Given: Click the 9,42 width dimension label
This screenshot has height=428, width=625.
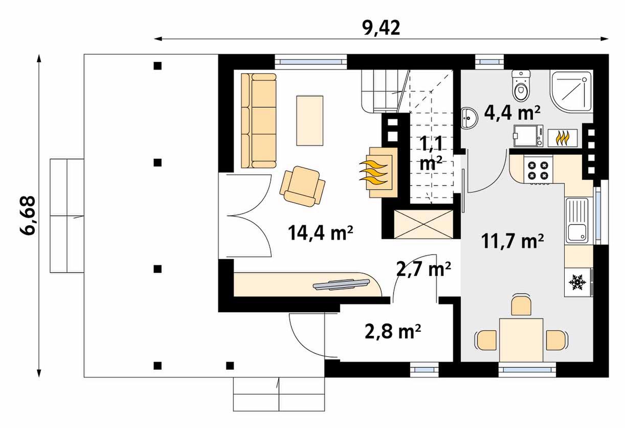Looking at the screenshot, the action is click(381, 28).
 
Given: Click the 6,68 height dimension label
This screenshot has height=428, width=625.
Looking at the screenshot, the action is click(28, 215).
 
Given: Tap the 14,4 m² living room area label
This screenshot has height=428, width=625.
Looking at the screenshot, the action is click(321, 232).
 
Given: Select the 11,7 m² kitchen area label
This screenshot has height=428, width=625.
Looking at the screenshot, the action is click(512, 241).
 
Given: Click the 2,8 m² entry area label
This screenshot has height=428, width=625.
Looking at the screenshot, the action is click(393, 331).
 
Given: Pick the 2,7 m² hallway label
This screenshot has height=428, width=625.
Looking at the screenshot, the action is click(423, 269).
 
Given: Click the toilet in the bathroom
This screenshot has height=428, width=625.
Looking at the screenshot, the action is click(521, 86).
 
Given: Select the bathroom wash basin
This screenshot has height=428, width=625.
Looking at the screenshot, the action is click(469, 118).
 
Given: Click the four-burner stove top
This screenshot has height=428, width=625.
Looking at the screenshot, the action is click(538, 170).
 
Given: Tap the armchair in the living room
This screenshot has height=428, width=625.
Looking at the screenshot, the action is click(302, 186).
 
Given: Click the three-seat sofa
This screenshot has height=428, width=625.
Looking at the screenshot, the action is click(259, 121).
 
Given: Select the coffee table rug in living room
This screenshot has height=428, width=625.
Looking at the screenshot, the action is click(310, 121).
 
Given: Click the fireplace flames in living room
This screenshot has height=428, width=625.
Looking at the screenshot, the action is click(373, 173).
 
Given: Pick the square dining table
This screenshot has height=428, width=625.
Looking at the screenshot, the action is click(521, 340).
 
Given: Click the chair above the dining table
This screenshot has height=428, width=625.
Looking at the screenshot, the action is click(521, 305).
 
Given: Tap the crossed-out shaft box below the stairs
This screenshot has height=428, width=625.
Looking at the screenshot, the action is click(423, 224).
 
